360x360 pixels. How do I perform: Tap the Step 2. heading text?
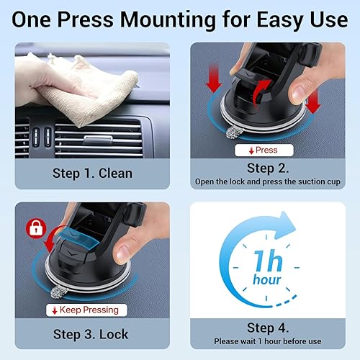266,168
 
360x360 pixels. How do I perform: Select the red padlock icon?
32,228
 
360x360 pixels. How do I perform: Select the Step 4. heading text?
268,327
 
